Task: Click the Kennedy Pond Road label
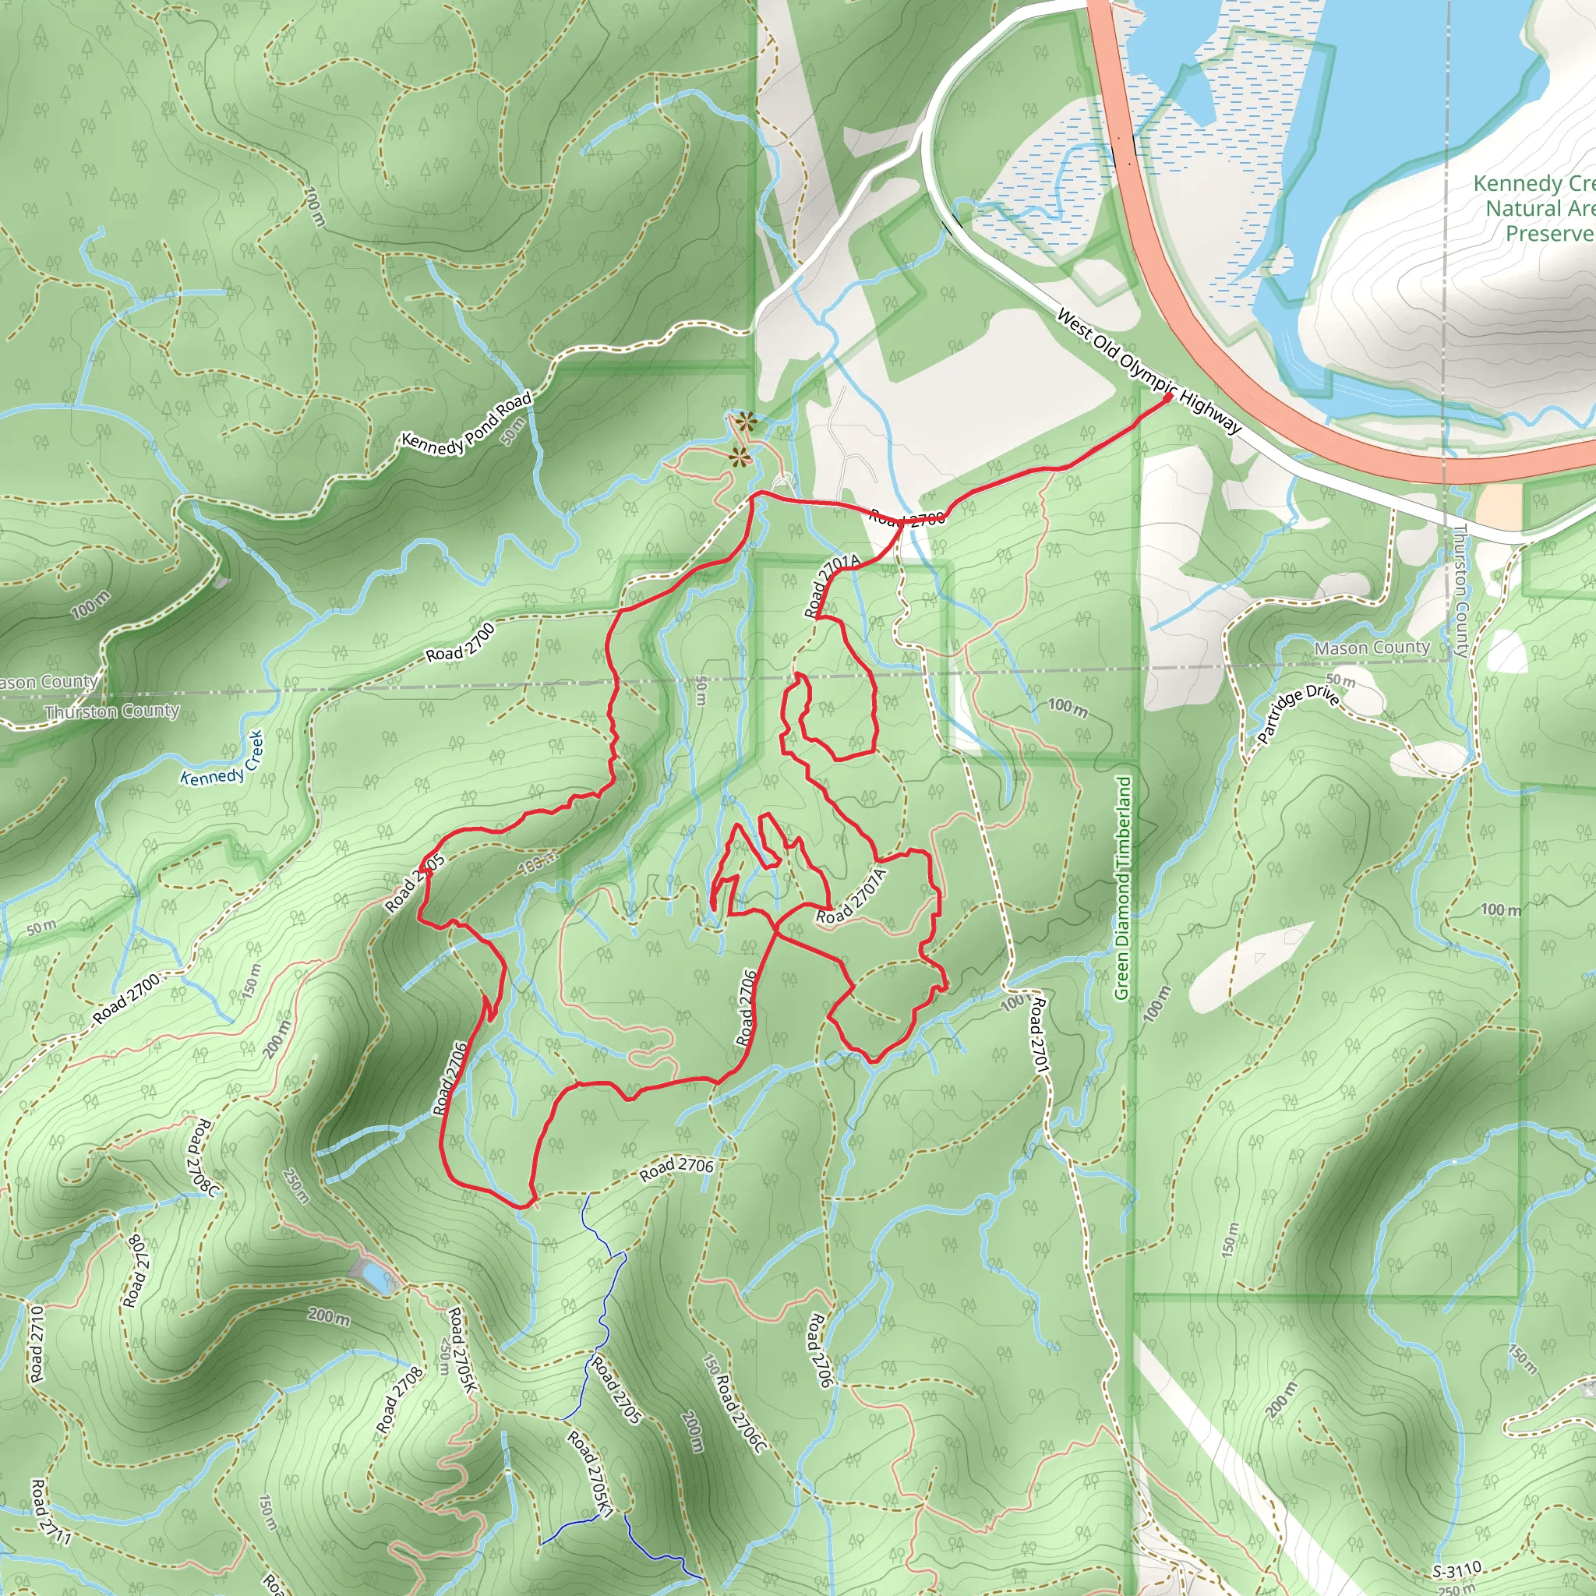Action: pyautogui.click(x=466, y=422)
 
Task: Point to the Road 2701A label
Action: pyautogui.click(x=833, y=585)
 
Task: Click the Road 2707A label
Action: pyautogui.click(x=851, y=896)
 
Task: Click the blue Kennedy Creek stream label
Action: pyautogui.click(x=221, y=758)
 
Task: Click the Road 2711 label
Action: pyautogui.click(x=51, y=1512)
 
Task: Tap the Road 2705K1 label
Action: pyautogui.click(x=591, y=1474)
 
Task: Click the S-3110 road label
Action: pyautogui.click(x=1457, y=1570)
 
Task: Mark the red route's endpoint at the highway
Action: pyautogui.click(x=1168, y=398)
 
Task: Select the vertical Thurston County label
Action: pyautogui.click(x=1460, y=591)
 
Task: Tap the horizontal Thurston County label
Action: pyautogui.click(x=112, y=711)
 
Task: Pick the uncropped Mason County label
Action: pyautogui.click(x=1372, y=648)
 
